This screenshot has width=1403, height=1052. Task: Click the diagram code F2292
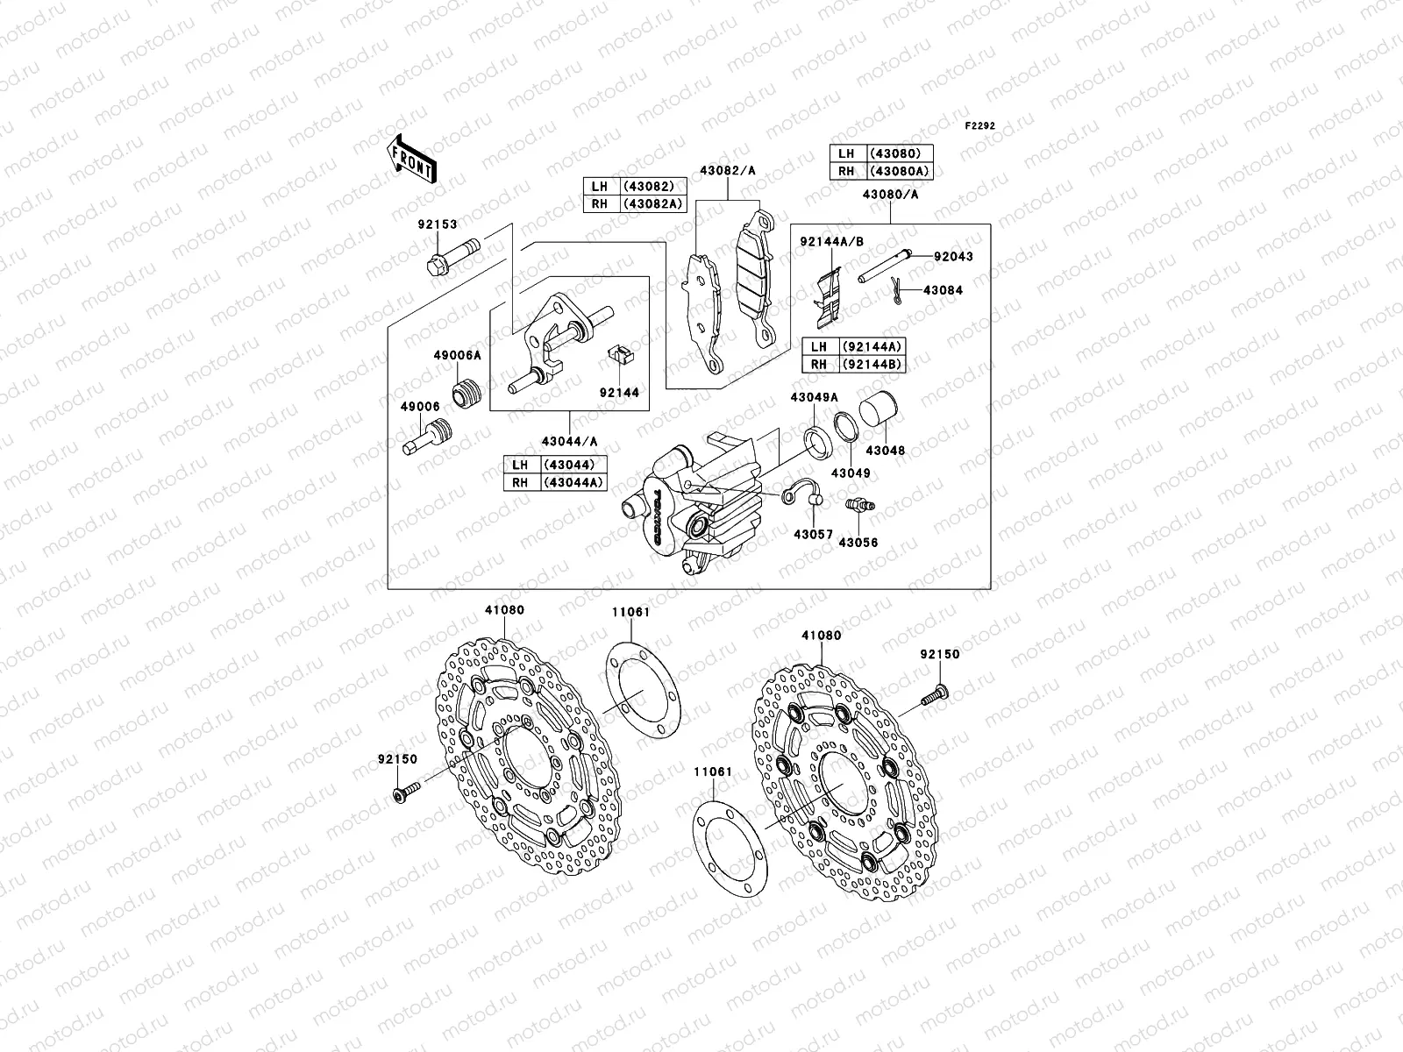980,126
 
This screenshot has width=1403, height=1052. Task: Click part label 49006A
457,356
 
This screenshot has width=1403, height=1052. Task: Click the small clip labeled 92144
618,357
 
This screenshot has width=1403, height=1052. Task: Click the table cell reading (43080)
900,153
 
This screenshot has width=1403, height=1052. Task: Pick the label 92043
953,257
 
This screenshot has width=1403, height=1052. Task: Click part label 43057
813,534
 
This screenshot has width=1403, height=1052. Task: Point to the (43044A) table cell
573,482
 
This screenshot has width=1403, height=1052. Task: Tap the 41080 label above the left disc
503,610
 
